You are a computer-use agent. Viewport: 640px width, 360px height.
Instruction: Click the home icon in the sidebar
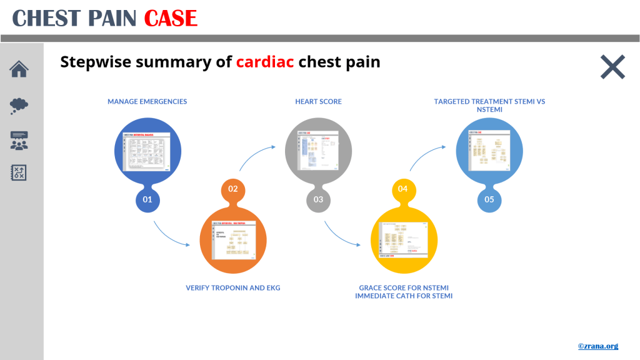pos(19,69)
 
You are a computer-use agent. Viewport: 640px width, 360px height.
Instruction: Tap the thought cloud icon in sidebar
pos(19,105)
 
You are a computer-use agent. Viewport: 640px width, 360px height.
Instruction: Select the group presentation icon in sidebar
pos(19,140)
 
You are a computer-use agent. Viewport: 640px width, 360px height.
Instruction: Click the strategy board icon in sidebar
pos(19,173)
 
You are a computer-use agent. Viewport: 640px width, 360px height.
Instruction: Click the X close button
pos(612,67)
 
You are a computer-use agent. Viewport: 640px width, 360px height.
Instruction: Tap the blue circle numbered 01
pos(147,200)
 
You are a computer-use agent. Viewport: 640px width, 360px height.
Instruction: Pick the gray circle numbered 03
pos(318,200)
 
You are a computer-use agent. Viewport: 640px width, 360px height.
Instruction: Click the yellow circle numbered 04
pos(403,188)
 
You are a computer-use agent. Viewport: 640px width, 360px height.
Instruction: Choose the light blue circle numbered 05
pos(489,200)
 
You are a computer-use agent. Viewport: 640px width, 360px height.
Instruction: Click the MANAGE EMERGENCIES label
pos(147,101)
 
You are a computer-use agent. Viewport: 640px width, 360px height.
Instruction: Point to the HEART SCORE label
pos(318,101)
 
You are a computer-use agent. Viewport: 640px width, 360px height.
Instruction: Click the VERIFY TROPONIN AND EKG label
pos(233,288)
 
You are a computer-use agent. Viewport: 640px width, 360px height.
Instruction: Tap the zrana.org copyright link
pos(597,346)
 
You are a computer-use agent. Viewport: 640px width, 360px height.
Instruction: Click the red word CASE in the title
pos(171,18)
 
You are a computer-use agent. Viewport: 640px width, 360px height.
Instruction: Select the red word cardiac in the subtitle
pos(265,62)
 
